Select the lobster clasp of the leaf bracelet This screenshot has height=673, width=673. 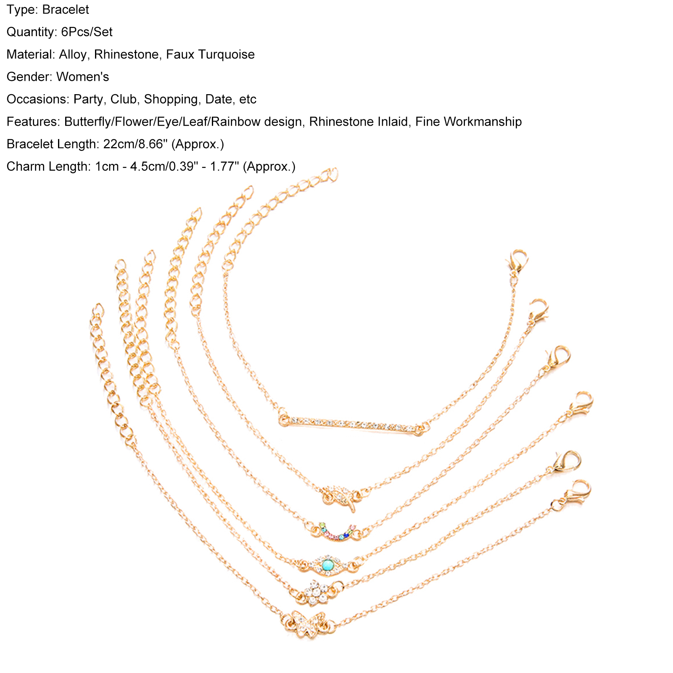539,309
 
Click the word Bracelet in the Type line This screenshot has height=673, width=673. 66,10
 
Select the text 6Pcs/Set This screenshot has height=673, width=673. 87,32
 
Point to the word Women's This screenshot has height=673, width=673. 82,77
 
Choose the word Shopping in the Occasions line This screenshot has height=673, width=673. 171,99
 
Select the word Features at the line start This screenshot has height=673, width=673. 33,122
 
